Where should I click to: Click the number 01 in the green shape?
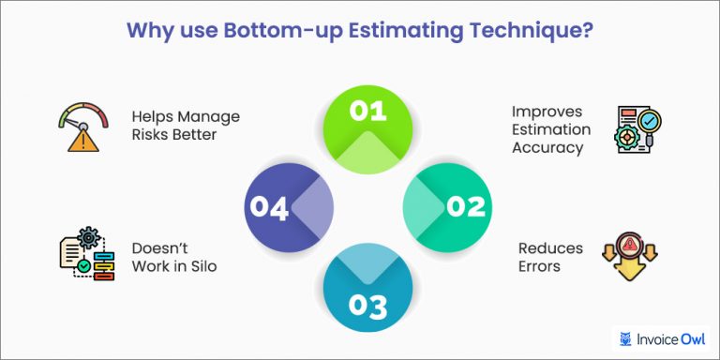(367, 111)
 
